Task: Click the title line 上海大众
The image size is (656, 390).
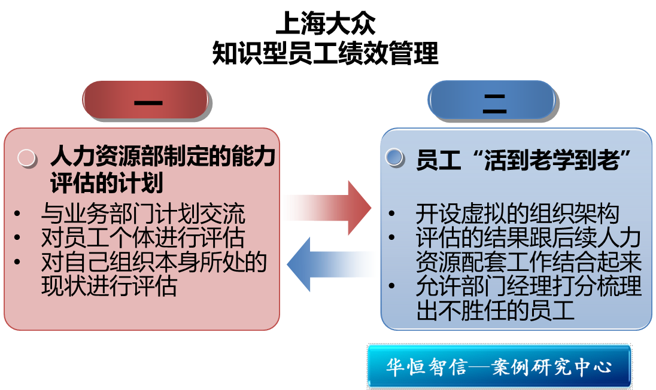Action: [x=326, y=25]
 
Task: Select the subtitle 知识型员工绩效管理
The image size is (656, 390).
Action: [x=326, y=53]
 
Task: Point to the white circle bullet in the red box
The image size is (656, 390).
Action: [x=27, y=157]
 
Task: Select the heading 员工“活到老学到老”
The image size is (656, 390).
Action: [x=525, y=160]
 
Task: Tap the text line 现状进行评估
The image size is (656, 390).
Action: [x=109, y=287]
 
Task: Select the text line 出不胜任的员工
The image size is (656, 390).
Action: [x=496, y=310]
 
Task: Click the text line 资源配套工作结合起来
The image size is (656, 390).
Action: [x=529, y=262]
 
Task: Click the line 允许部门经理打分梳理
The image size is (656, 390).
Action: [x=529, y=287]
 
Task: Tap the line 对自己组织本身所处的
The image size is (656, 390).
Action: [x=154, y=262]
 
